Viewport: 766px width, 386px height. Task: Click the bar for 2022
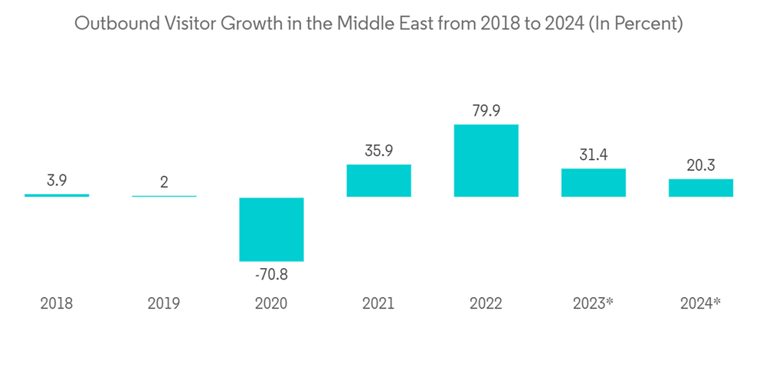point(486,161)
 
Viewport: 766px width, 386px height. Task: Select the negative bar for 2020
point(271,229)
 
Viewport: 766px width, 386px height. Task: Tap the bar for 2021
point(378,181)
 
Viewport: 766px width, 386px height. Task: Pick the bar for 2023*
point(593,183)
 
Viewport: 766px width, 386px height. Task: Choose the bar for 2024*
point(700,188)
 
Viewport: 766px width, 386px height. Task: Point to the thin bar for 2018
point(57,195)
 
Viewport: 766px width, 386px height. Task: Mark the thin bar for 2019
point(164,196)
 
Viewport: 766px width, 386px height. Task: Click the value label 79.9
point(486,111)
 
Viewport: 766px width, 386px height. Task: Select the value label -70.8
point(271,273)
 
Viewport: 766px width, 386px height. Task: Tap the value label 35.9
point(378,151)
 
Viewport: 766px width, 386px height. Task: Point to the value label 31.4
point(593,155)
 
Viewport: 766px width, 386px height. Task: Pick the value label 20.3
point(700,165)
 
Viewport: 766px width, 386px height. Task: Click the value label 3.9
point(57,182)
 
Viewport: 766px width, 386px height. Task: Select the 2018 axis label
point(57,303)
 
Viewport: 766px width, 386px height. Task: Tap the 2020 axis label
point(271,303)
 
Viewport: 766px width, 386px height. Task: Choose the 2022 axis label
point(486,303)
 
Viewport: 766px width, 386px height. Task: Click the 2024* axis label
point(700,303)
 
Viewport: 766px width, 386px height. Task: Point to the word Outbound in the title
point(110,24)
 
